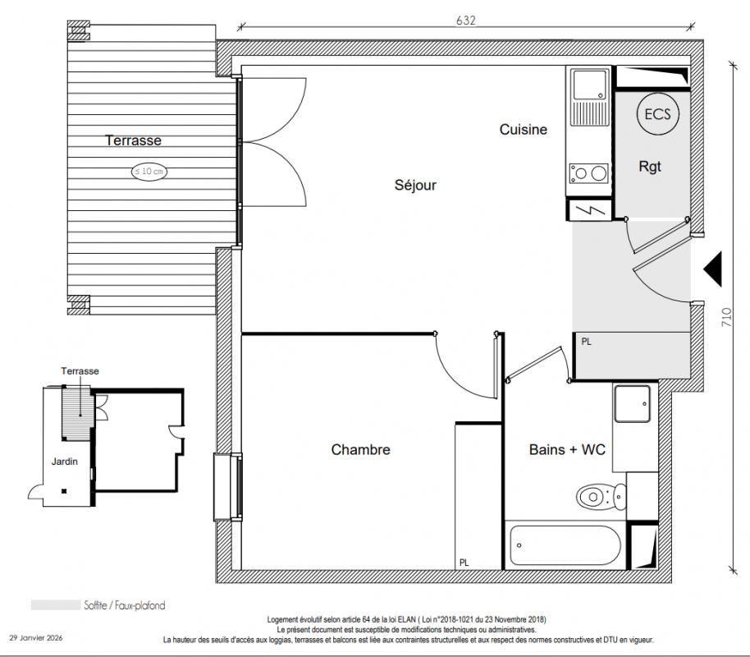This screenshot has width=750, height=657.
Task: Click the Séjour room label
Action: coord(415,185)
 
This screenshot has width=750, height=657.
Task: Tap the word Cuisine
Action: coord(524,129)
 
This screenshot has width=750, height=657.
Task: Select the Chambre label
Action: coord(361,450)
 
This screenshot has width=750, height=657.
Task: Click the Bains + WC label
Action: coord(567,450)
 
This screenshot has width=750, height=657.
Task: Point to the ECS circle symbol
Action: coord(657,114)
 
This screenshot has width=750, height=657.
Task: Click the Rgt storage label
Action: coord(650,167)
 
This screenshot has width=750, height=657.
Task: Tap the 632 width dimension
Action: coord(466,20)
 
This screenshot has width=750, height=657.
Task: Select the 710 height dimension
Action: coord(726,317)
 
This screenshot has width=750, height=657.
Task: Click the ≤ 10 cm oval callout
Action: coord(149,172)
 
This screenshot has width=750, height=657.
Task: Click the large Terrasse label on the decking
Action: coord(133,140)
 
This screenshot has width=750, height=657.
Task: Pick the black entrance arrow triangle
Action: coord(713,269)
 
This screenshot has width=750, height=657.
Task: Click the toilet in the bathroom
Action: coord(601,497)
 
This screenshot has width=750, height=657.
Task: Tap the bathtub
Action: coord(565,545)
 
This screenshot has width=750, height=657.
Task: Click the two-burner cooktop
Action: coord(589,172)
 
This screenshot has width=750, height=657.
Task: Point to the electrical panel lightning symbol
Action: coord(589,209)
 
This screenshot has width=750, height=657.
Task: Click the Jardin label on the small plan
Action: coord(65,462)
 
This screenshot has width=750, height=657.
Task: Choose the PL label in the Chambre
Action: coord(464,563)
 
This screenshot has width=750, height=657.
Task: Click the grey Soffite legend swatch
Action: coord(56,605)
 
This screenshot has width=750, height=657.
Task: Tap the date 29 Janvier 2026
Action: coord(36,638)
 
